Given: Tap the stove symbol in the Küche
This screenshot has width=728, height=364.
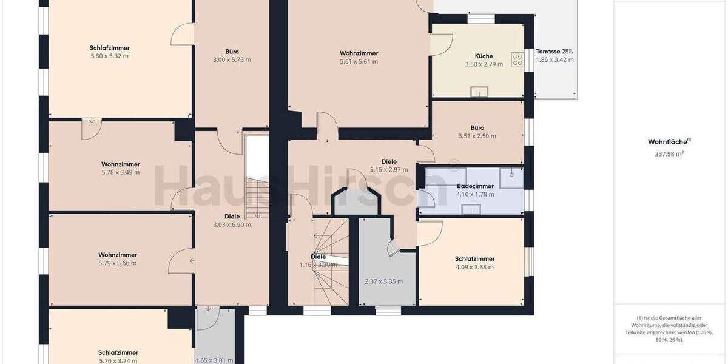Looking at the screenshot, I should (x=518, y=59).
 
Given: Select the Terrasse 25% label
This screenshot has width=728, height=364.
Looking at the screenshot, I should (x=554, y=52).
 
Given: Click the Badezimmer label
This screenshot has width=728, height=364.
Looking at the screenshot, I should (x=475, y=186).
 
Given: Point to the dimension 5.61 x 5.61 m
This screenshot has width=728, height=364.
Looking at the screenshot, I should (x=359, y=61).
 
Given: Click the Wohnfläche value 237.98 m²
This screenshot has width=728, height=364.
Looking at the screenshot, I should (x=670, y=154).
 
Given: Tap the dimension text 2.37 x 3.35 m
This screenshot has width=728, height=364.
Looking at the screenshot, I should (x=383, y=281).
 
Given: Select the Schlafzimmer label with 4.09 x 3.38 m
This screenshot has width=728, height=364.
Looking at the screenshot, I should (x=475, y=258).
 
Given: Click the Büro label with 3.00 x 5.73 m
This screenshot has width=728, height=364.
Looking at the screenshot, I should (x=231, y=52).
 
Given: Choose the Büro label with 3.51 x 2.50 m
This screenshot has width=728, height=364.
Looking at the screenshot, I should (x=477, y=127).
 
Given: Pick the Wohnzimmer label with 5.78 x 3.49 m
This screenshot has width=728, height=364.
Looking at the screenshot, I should (x=121, y=164).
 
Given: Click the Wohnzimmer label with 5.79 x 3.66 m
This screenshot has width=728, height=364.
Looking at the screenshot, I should (x=118, y=255).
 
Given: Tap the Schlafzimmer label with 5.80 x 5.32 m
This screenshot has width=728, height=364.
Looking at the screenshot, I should (x=109, y=48).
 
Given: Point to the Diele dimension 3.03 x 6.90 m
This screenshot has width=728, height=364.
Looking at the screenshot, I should (x=232, y=224).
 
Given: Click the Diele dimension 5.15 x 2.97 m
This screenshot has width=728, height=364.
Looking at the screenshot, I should (x=389, y=170).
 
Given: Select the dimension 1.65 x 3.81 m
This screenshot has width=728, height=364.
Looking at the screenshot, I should (x=214, y=360).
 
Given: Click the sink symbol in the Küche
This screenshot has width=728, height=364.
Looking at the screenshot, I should (x=479, y=92).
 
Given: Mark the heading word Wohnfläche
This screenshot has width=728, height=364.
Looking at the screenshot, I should (x=669, y=141).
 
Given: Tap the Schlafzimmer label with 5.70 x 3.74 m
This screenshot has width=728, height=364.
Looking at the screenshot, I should (x=118, y=352).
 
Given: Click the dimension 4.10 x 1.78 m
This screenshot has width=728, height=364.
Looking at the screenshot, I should (x=475, y=194).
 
